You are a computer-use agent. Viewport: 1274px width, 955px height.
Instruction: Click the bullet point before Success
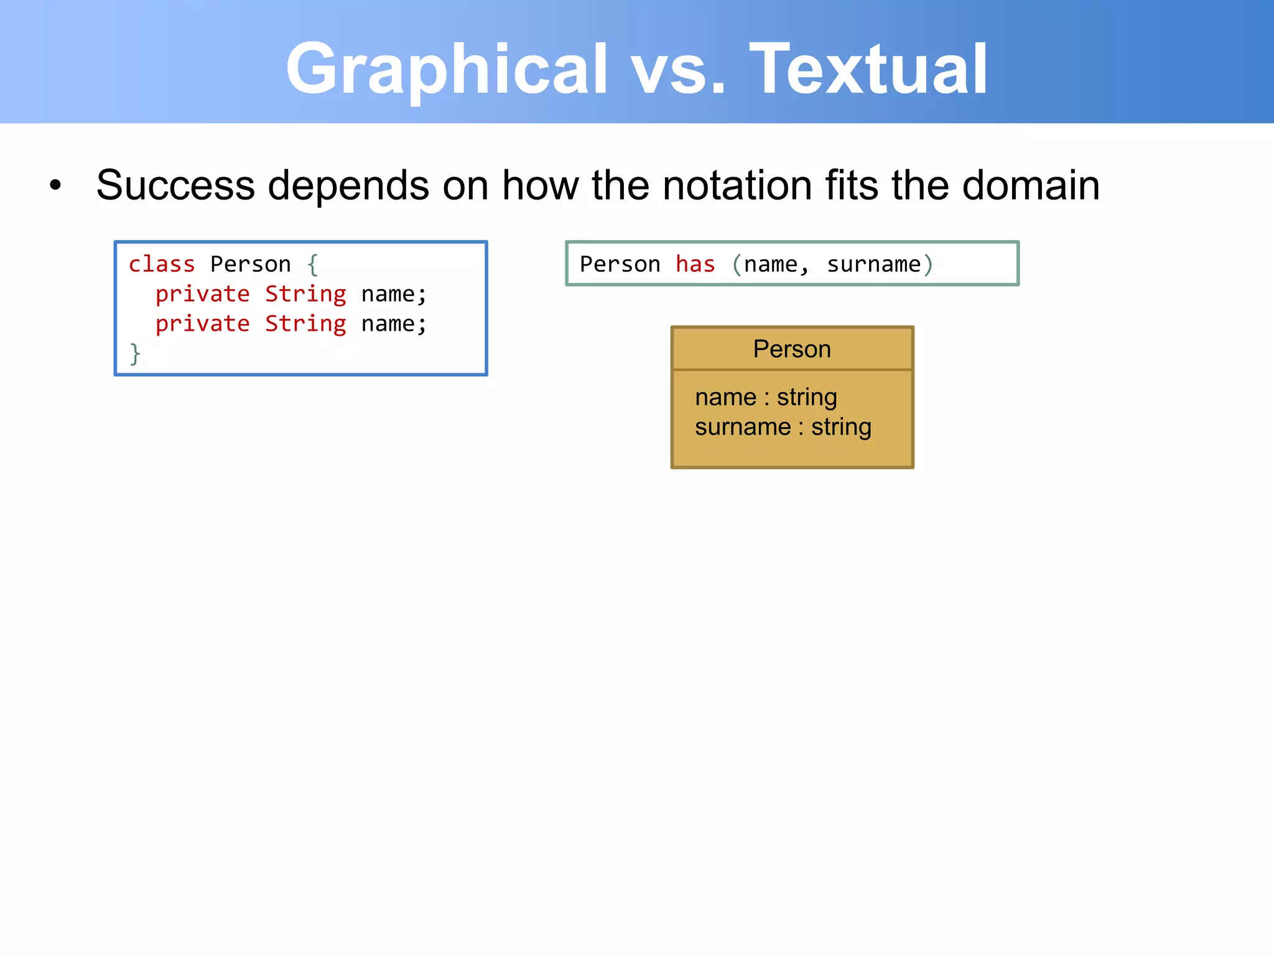click(55, 185)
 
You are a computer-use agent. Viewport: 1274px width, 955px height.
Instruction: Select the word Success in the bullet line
click(175, 185)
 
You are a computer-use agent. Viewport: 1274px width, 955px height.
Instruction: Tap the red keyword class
click(162, 264)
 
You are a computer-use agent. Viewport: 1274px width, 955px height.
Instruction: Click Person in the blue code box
click(250, 264)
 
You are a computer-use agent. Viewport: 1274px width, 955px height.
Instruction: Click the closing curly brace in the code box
click(135, 354)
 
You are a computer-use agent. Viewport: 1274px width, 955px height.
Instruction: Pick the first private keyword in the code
click(202, 294)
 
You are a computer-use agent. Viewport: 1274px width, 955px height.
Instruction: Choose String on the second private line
click(305, 324)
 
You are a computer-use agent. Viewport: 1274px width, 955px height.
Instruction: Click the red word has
click(695, 264)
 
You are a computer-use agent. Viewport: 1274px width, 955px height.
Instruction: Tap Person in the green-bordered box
click(620, 264)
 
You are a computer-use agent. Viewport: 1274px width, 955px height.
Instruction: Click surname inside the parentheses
click(873, 264)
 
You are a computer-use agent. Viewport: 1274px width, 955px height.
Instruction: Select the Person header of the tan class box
click(791, 349)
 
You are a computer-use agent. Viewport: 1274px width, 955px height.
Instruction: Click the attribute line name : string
click(766, 397)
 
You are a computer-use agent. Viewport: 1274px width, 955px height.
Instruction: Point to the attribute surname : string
click(783, 427)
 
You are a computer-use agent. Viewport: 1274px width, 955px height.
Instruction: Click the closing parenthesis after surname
click(928, 265)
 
